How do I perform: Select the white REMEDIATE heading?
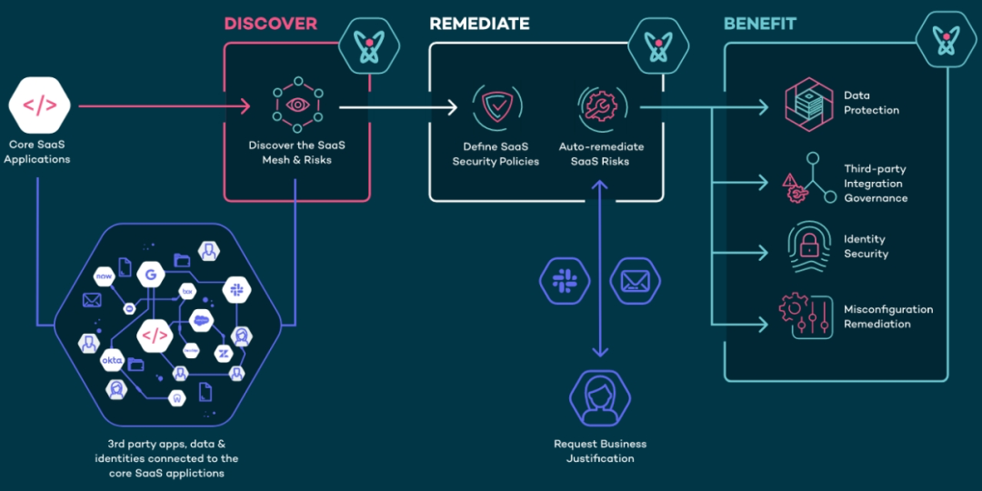point(479,24)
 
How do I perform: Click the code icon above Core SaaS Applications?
point(39,105)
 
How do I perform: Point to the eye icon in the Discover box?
point(297,105)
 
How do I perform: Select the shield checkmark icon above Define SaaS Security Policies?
point(496,107)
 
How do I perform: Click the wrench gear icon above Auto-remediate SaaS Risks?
point(600,107)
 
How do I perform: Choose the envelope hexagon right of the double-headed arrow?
point(635,280)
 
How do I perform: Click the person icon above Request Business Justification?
point(599,396)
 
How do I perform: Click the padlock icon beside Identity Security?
point(807,245)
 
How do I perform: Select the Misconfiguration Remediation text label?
point(888,316)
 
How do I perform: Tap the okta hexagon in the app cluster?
point(113,361)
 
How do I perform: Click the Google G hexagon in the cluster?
point(149,274)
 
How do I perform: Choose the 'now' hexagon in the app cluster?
point(103,275)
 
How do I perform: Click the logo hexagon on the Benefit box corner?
point(947,40)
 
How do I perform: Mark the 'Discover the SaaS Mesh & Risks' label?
point(296,153)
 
